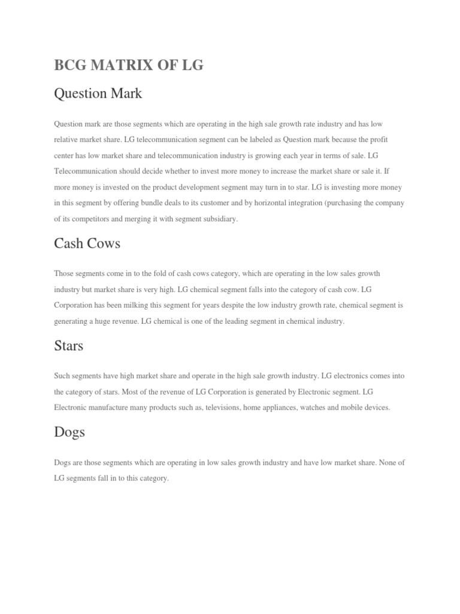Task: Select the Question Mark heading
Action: (x=98, y=94)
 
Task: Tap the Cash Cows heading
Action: (x=87, y=243)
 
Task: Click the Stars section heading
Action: (x=68, y=345)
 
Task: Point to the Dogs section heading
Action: (x=69, y=432)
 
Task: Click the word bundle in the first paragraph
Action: (x=164, y=203)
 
